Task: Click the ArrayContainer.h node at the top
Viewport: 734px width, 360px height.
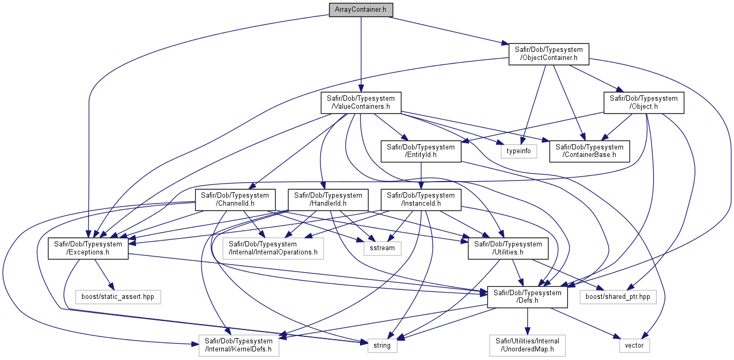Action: click(361, 10)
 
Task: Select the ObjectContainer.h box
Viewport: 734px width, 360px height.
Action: click(549, 54)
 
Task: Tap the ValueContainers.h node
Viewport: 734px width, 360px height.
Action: click(361, 102)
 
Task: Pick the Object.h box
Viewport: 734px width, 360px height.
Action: click(643, 102)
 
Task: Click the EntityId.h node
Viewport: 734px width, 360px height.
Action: click(421, 151)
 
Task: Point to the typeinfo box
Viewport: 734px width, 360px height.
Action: click(519, 151)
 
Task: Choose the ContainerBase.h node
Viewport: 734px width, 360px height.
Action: click(589, 151)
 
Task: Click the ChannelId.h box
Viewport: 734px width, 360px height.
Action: click(235, 199)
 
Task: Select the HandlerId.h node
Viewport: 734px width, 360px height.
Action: click(328, 199)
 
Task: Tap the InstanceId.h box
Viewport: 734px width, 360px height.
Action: click(421, 199)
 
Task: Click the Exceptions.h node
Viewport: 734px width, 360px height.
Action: click(88, 248)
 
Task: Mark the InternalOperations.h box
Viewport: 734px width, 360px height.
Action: click(273, 248)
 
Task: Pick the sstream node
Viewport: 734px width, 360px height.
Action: click(382, 248)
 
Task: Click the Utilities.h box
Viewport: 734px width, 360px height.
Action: click(508, 248)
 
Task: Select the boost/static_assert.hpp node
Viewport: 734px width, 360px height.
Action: click(118, 297)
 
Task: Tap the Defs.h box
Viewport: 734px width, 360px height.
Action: click(527, 297)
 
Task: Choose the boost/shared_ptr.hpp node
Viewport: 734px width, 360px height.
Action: click(618, 297)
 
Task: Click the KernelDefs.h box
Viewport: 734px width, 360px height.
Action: click(238, 345)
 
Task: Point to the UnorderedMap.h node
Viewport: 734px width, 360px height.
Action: click(527, 345)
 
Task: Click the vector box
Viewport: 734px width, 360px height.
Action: click(634, 345)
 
